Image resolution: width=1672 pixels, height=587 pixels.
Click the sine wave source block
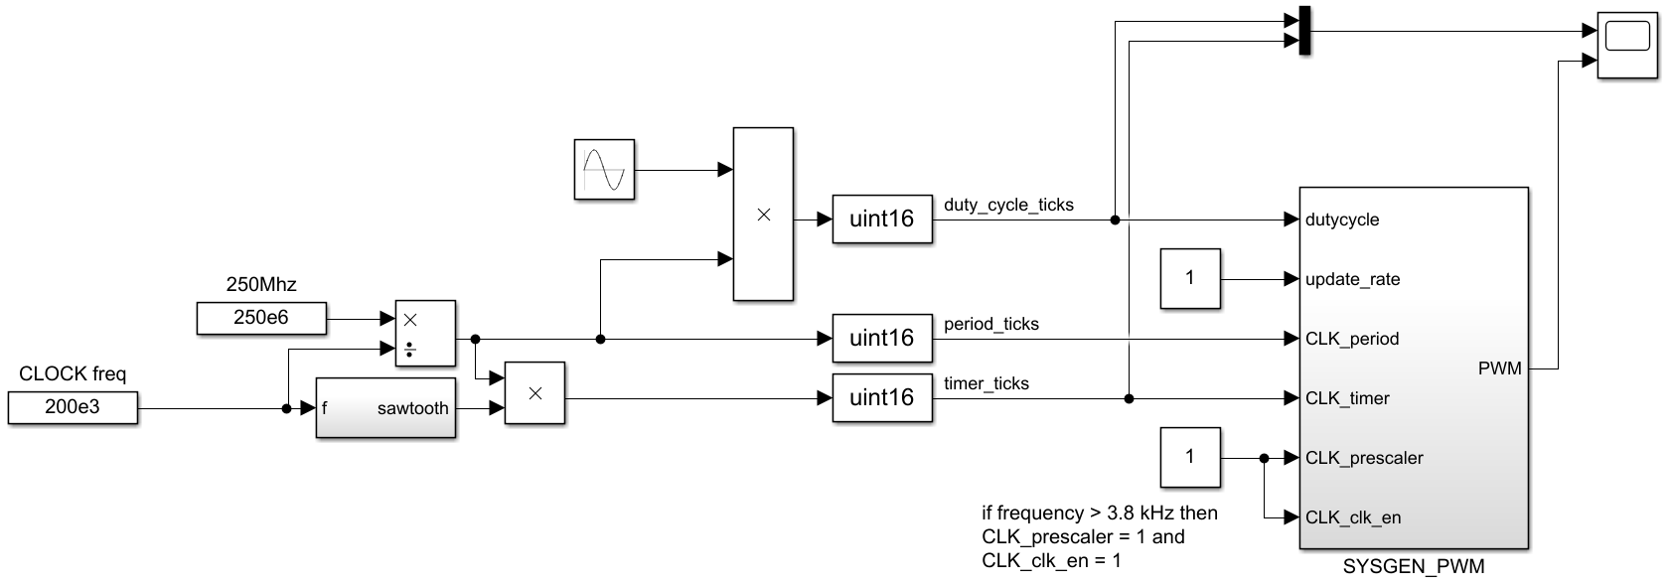click(604, 170)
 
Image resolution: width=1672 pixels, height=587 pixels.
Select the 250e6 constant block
click(261, 319)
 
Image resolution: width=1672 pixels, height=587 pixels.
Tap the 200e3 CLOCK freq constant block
click(73, 407)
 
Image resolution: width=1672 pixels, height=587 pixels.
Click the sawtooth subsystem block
click(385, 407)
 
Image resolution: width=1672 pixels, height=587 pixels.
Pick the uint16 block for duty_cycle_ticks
click(881, 219)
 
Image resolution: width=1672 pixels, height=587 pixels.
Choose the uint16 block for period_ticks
click(881, 338)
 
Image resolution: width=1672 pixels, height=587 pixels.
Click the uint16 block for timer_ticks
click(881, 397)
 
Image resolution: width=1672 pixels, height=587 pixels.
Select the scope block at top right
click(1626, 45)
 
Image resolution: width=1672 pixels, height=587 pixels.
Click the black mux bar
click(1304, 32)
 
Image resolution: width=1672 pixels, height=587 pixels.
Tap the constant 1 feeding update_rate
click(1190, 278)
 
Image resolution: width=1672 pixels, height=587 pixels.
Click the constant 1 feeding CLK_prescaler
click(1190, 457)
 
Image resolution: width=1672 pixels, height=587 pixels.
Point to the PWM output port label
click(1499, 368)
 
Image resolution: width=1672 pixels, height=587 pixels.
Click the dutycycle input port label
click(1342, 220)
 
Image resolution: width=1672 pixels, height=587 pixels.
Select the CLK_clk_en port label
click(1353, 517)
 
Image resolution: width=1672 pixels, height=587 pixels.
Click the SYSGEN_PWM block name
click(1413, 567)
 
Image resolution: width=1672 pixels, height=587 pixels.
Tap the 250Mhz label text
click(261, 285)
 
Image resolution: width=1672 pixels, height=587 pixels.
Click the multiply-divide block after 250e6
click(425, 333)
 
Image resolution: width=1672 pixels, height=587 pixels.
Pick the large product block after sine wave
click(763, 214)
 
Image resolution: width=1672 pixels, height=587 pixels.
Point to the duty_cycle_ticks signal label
click(1008, 205)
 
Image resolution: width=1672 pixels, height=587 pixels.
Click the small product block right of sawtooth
click(534, 393)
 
